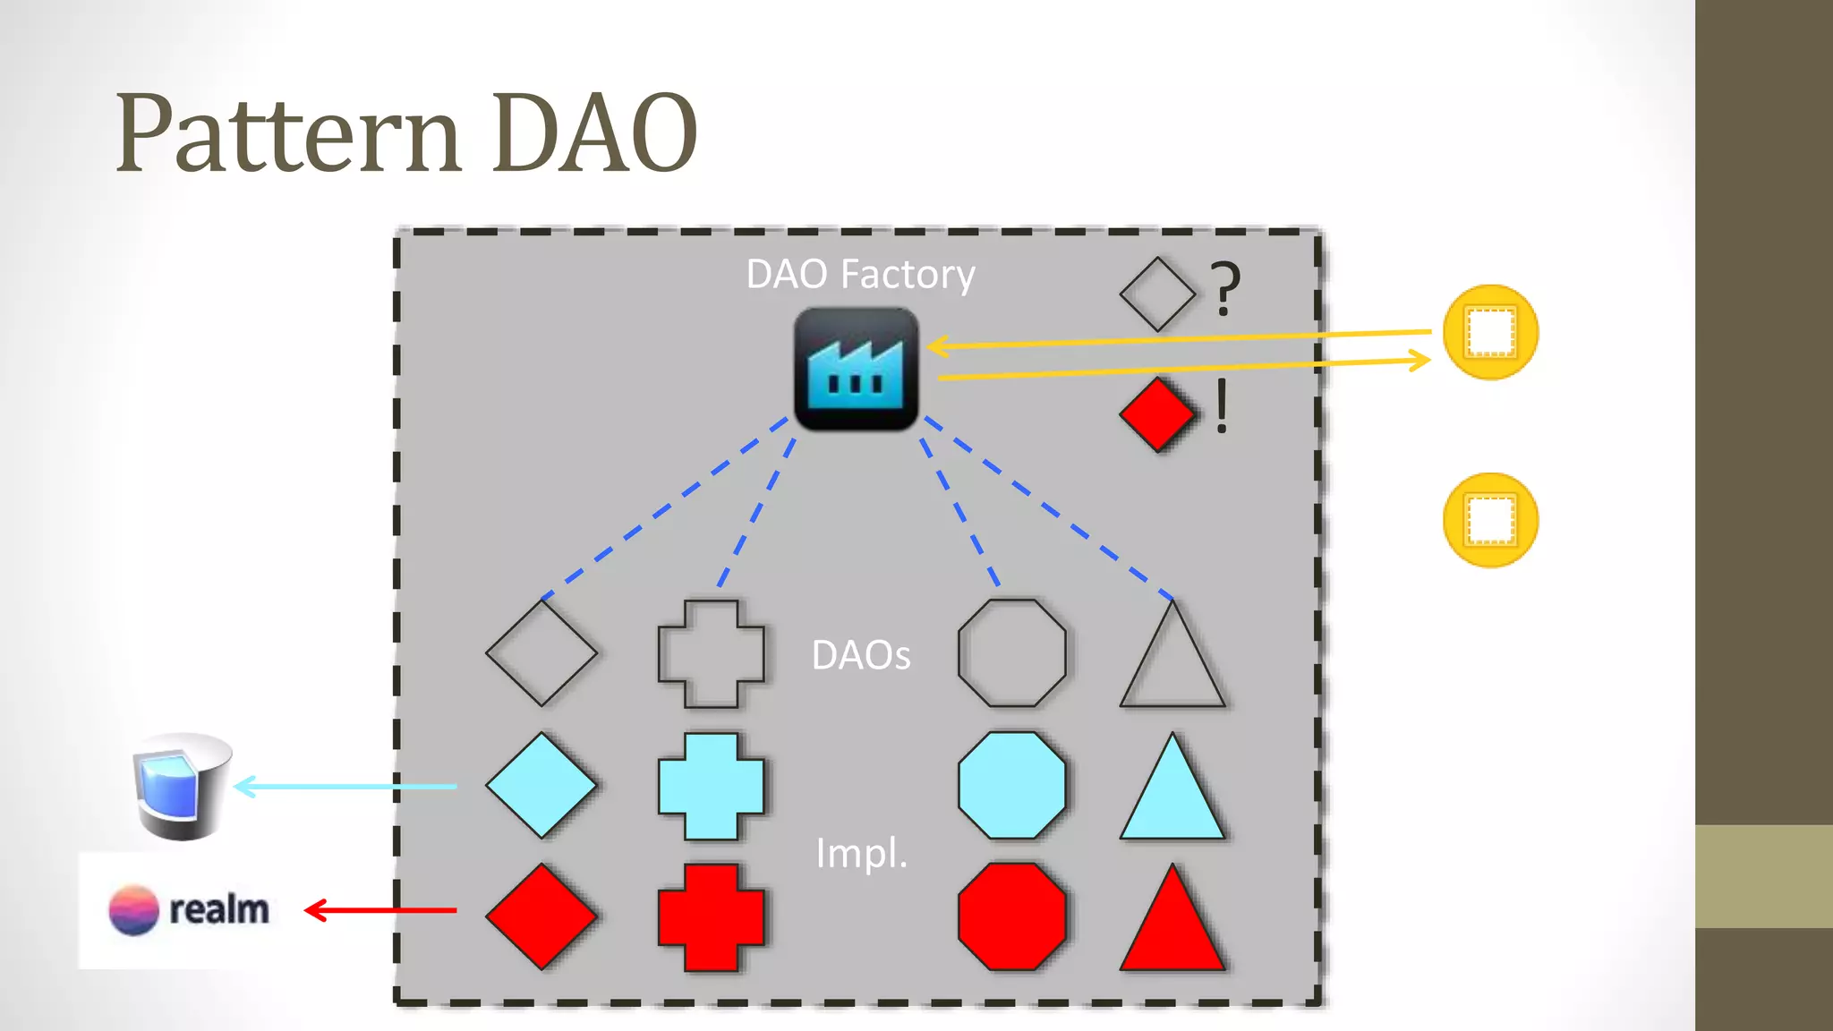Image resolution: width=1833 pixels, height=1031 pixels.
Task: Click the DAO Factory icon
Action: pos(856,369)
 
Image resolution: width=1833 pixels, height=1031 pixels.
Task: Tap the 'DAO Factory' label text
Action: pos(860,274)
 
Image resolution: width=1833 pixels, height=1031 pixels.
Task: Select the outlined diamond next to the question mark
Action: pos(1156,294)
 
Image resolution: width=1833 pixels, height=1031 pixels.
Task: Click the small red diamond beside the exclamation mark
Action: pos(1156,414)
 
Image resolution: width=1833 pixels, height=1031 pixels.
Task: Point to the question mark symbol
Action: pos(1225,288)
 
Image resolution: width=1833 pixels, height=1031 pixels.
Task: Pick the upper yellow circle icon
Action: pos(1490,333)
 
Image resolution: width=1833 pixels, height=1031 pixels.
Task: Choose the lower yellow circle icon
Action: pos(1490,520)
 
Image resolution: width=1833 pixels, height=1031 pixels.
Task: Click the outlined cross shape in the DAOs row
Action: pos(711,654)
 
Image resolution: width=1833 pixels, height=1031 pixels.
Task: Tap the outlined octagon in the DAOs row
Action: pos(1011,653)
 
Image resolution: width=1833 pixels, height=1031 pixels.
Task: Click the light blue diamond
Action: pos(541,786)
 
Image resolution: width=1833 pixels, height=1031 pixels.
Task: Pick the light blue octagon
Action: pos(1011,786)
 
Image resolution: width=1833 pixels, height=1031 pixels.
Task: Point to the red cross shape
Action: pos(711,917)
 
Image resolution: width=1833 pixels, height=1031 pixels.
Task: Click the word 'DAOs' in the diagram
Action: pos(860,655)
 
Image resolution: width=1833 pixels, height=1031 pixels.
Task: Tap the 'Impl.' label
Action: pos(861,853)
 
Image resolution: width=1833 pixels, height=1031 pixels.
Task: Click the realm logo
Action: pos(189,910)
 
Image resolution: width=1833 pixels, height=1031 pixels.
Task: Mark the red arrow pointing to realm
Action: pos(381,910)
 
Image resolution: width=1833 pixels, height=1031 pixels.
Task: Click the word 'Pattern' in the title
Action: pos(287,134)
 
